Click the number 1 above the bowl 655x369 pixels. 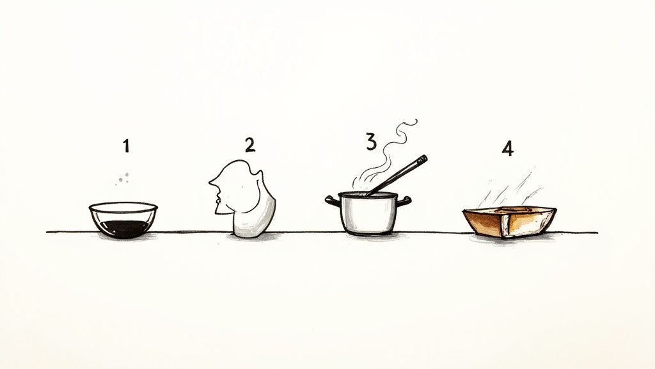[126, 146]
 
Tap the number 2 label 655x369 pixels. [249, 144]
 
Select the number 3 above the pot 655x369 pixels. [371, 142]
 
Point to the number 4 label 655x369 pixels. [507, 149]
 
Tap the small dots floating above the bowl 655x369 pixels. [123, 178]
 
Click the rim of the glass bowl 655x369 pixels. [123, 207]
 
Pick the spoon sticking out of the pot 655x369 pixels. [397, 174]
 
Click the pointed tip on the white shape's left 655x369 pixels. [210, 183]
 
